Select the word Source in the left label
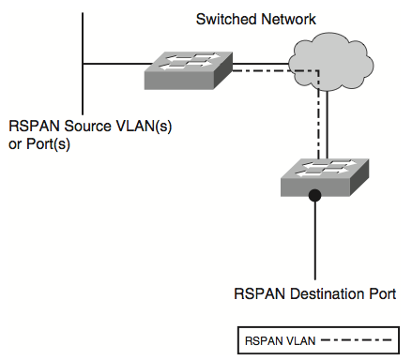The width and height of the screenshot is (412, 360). [78, 127]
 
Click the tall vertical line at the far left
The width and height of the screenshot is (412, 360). [84, 56]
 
